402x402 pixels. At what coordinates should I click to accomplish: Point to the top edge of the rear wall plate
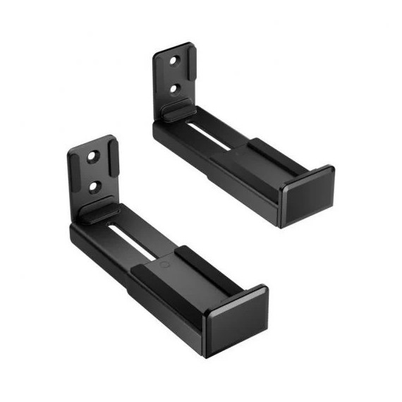(173, 48)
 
